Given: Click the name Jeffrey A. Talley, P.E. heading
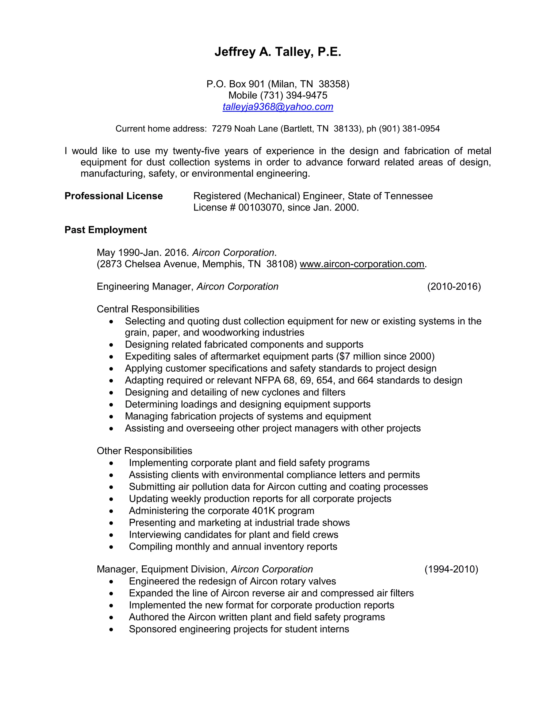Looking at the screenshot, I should click(x=277, y=52).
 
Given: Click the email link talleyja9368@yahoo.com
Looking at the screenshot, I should click(x=277, y=107).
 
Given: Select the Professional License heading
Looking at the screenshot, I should click(x=114, y=196).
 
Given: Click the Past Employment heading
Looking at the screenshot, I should click(x=105, y=230).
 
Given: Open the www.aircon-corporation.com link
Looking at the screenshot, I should click(x=362, y=264).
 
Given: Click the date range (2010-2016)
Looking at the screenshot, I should click(x=454, y=287).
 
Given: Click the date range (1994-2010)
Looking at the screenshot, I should click(x=451, y=569).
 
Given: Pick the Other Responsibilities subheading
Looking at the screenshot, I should click(x=144, y=451).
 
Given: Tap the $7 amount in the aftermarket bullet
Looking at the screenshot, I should click(x=344, y=356).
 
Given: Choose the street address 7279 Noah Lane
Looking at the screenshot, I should click(x=245, y=129).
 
